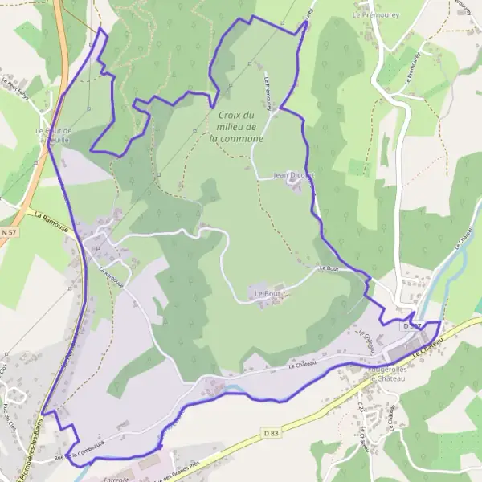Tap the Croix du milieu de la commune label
pos(237,127)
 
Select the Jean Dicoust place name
pos(293,175)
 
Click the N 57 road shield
pos(9,232)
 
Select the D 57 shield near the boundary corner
pos(412,325)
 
